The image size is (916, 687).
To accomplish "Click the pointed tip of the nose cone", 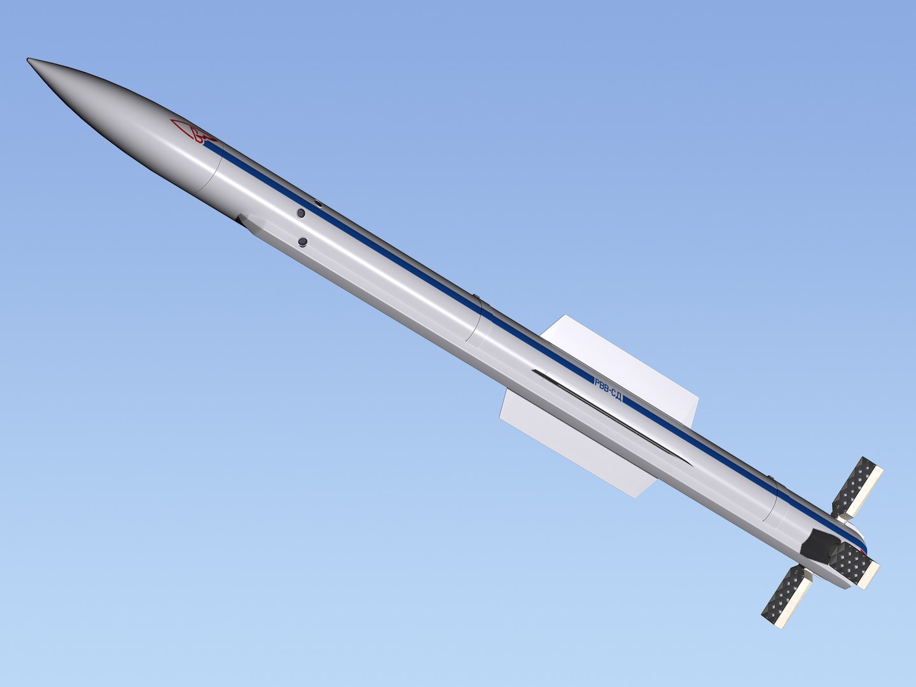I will pos(29,60).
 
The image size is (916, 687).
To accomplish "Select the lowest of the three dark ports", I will pos(303,242).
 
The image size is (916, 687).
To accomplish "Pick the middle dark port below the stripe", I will pos(302,213).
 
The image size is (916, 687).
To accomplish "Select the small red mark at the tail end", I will pos(862,551).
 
